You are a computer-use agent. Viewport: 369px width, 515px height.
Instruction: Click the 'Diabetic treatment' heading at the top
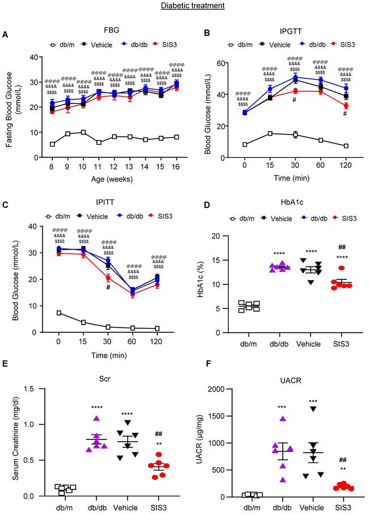click(x=184, y=6)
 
